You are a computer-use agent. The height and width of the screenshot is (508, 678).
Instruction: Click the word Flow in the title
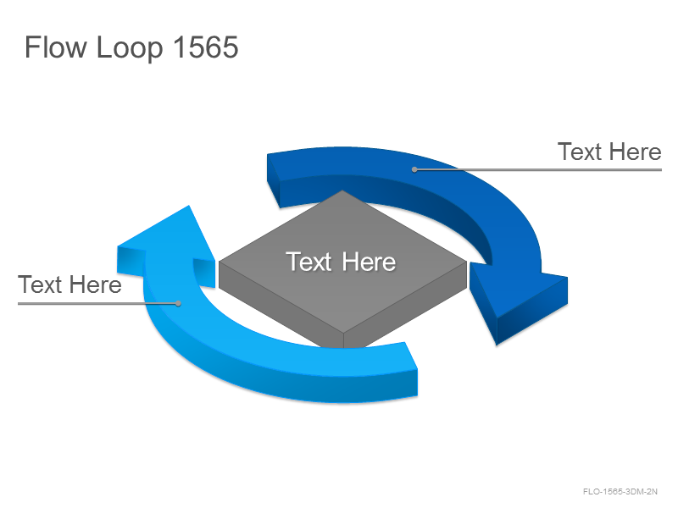point(56,47)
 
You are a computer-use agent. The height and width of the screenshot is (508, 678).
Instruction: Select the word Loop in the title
point(130,48)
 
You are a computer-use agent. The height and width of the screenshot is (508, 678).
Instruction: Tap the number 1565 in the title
point(206,47)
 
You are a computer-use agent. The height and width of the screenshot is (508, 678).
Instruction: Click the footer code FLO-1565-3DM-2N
point(620,492)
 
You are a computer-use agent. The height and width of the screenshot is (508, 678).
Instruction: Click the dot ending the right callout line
point(414,169)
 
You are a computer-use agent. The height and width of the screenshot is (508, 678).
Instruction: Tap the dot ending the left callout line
point(178,303)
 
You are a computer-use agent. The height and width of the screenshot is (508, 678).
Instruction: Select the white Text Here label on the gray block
point(341,262)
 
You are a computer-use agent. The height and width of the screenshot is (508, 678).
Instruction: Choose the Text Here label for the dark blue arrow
point(609,152)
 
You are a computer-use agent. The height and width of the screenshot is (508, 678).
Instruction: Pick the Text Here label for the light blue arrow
point(69,284)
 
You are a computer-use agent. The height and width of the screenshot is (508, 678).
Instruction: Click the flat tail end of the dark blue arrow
point(273,180)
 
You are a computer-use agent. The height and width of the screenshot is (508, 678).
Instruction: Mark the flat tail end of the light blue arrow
point(411,369)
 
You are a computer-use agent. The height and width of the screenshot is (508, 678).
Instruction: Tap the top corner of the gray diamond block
point(342,190)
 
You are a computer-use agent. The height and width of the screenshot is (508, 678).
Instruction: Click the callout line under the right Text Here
point(538,169)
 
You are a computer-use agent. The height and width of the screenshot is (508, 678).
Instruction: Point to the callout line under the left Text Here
point(97,303)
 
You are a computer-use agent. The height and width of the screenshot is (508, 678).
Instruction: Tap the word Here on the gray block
point(369,262)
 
